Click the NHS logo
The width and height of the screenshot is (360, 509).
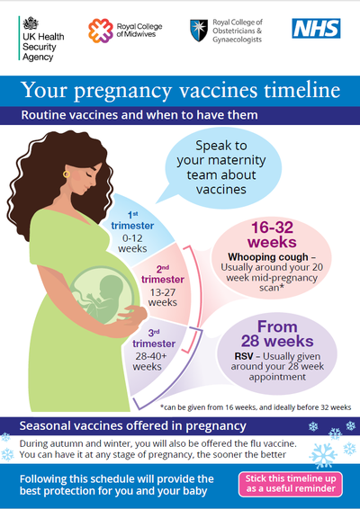point(316,28)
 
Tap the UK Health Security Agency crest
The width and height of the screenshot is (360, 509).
point(31,23)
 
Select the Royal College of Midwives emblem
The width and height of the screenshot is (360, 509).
point(101,31)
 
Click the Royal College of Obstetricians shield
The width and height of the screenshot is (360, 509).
point(199,31)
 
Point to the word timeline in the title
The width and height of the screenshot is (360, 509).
point(301,90)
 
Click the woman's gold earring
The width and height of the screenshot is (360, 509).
point(67,174)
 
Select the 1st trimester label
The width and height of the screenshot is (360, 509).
point(132,221)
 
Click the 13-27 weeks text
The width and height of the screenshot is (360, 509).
point(163,298)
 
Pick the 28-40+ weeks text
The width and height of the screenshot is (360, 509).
point(149,362)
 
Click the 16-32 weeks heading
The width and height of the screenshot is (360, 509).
point(272,235)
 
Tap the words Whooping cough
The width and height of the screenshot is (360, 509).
point(268,257)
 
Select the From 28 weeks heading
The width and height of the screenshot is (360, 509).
point(277,334)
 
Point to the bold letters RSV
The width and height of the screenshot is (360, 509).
point(244,356)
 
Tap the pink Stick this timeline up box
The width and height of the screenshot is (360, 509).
point(291,484)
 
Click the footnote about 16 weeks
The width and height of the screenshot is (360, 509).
point(256,407)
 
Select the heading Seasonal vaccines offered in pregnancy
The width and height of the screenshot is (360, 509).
point(132,426)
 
